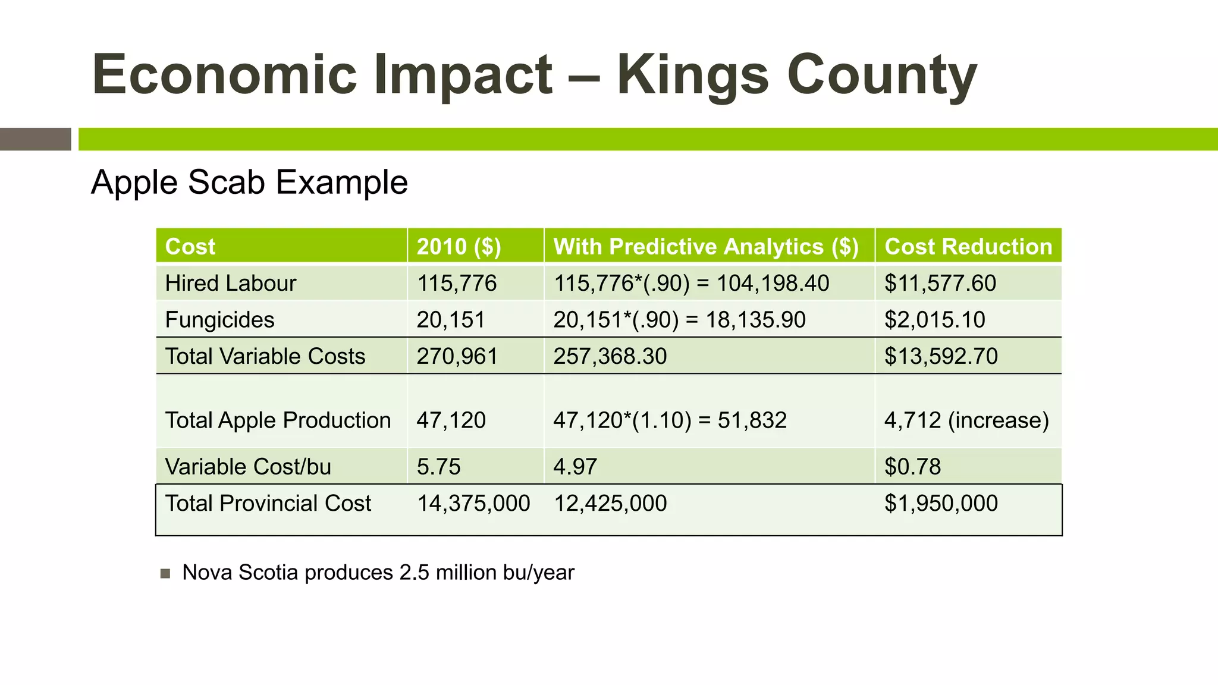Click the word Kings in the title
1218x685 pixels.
[692, 76]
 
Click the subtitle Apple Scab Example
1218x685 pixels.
[249, 182]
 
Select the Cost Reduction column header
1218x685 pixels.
[968, 246]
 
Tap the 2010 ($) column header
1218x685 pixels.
[459, 246]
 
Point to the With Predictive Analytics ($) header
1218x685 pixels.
[706, 246]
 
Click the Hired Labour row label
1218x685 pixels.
[230, 283]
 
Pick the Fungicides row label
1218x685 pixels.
[219, 320]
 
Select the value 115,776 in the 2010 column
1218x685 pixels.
[456, 283]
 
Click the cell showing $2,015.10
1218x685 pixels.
[934, 320]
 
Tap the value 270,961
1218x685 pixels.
[457, 356]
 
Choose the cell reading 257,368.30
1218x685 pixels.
[610, 356]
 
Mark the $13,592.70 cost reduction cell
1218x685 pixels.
[941, 356]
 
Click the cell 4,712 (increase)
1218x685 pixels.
[966, 420]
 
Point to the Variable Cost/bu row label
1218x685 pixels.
[248, 467]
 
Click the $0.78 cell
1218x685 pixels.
[912, 467]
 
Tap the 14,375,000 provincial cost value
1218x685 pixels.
[473, 504]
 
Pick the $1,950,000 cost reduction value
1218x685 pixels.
[941, 504]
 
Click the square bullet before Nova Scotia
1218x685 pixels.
[165, 574]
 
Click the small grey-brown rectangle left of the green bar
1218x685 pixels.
[35, 139]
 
